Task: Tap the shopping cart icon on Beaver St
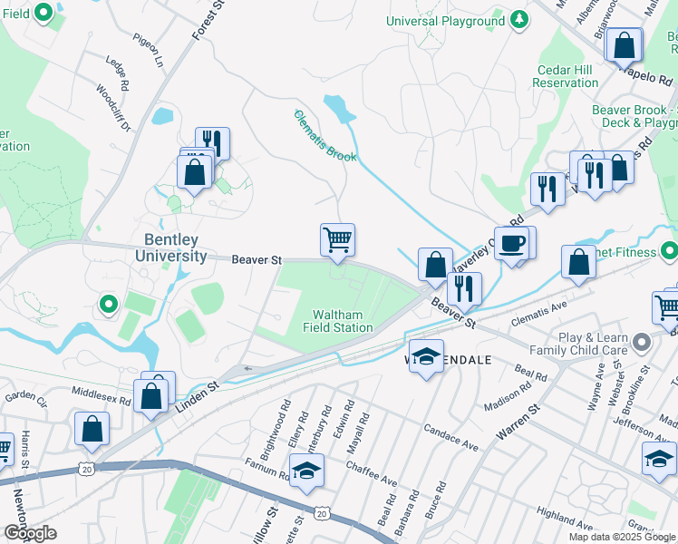tap(337, 240)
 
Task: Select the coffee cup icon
tap(514, 243)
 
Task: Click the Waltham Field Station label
tap(343, 321)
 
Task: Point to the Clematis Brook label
tap(324, 136)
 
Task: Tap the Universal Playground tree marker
tap(518, 20)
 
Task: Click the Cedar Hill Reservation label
tap(566, 76)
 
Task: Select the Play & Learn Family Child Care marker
tap(643, 343)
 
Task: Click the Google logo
tap(30, 533)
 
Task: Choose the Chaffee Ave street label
tap(372, 471)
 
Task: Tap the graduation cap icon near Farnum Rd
tap(306, 470)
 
